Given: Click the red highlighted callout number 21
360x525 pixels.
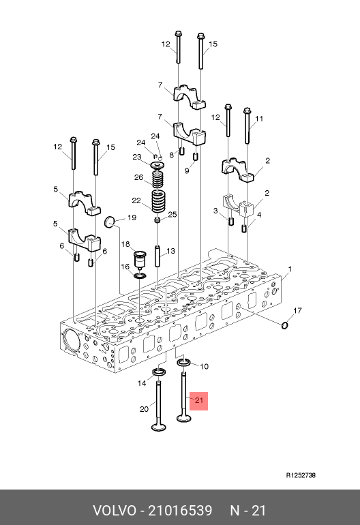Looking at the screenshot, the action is coord(199,400).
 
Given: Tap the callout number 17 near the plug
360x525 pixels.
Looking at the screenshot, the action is coord(297,311).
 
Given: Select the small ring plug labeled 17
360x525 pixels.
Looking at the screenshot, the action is coord(284,325).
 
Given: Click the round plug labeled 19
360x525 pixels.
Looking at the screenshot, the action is coord(110,222).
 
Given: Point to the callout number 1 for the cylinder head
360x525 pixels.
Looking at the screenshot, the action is coord(290,269).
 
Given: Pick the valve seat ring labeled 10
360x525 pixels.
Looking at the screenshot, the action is coord(183,362).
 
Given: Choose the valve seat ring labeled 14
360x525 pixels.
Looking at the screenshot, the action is coord(160,372).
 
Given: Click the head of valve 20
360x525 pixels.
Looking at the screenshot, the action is coord(159,427).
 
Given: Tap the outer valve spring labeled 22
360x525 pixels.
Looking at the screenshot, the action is coord(158,202).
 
